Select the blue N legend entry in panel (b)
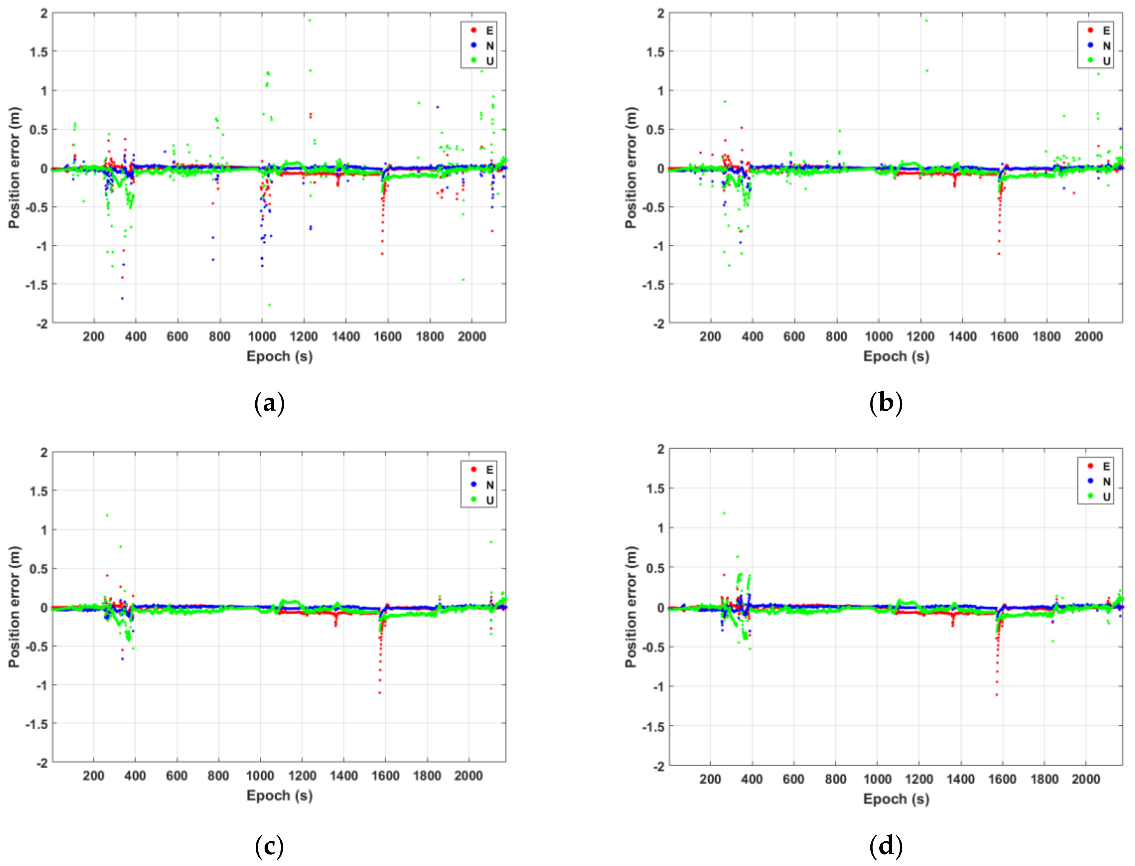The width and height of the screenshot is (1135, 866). [1097, 45]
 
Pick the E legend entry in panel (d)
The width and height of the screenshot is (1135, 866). [1097, 466]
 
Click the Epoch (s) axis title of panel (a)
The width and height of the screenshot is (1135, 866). [279, 356]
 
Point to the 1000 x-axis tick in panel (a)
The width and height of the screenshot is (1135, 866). [262, 337]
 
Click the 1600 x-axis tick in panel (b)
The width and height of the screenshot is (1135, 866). [1004, 337]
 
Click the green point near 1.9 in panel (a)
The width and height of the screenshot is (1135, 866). [310, 21]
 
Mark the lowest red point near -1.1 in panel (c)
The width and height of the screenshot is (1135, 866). [380, 693]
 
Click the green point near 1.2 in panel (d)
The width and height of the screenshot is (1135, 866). [724, 513]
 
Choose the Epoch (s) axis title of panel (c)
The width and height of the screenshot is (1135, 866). [279, 796]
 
